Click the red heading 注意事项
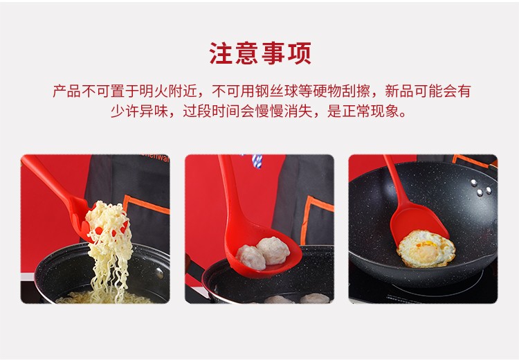click(260, 53)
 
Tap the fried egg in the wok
click(426, 249)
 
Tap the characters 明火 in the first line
click(153, 91)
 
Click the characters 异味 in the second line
click(154, 111)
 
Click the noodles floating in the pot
click(103, 298)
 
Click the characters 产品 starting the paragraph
click(66, 91)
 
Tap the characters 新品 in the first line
click(399, 91)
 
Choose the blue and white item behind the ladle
click(257, 161)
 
